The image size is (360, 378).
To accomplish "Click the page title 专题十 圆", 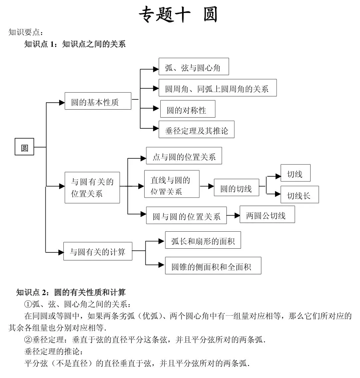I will coord(178,15).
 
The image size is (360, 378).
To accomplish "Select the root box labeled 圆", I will coord(24,147).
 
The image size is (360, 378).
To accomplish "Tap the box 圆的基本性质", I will coord(98,101).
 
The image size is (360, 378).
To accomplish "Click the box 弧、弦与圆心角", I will coord(194,67).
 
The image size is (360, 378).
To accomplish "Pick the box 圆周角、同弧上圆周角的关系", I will coord(217,88).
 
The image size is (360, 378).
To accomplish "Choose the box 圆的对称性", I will coord(187,109).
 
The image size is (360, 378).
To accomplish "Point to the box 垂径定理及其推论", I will coord(197,129).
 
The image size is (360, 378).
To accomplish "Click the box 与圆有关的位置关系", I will coord(92,187).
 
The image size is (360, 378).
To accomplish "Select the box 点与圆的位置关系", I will coord(184,156).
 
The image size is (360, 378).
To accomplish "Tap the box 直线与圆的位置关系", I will coord(171,184).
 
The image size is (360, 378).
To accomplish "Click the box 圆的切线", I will coord(236,187).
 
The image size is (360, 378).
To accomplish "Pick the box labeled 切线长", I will coord(299,195).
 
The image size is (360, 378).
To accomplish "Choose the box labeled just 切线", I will coord(295,173).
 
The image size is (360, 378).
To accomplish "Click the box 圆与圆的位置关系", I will coord(186,215).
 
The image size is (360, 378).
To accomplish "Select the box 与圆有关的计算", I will coord(98,251).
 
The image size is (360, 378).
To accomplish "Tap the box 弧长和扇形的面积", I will coord(203,240).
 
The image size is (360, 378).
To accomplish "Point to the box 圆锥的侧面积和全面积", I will coord(213,266).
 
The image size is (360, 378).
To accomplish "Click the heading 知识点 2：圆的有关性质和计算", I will coord(71,292).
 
